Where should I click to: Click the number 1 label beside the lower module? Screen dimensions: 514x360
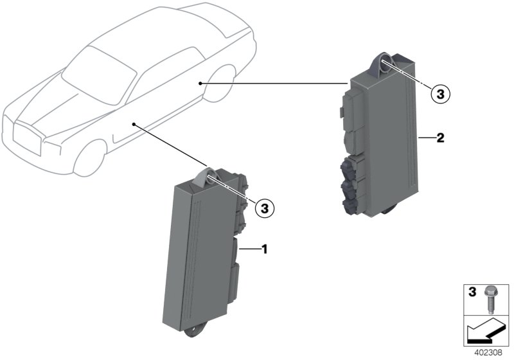pos(264,249)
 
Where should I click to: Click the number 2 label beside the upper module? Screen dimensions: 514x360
pos(440,138)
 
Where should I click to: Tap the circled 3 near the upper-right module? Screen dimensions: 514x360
pos(440,94)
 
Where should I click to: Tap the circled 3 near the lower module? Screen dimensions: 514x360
pos(264,208)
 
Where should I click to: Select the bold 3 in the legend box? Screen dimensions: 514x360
pos(472,292)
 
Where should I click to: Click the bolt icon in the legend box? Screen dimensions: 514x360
pos(489,299)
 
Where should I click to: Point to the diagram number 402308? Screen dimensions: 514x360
pos(488,353)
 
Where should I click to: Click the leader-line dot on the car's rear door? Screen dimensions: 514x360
pos(200,84)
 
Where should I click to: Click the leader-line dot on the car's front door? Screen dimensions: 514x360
pos(134,124)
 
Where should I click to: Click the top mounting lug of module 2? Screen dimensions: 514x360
pos(384,66)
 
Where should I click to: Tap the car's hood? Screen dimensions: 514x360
pos(57,102)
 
